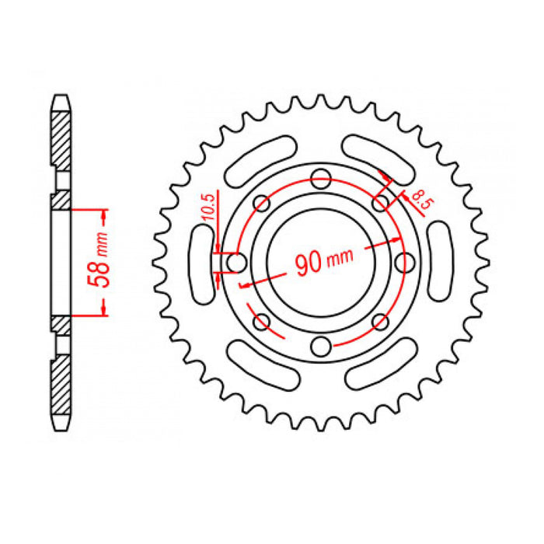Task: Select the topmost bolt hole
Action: coord(320,179)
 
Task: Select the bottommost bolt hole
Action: coord(320,344)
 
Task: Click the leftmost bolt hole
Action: coord(238,262)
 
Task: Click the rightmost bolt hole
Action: coord(403,262)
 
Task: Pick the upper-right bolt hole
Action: coord(379,204)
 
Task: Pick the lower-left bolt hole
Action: coord(262,321)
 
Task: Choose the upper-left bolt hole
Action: coord(262,204)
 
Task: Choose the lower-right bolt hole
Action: coord(379,321)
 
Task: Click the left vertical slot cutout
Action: coord(201,262)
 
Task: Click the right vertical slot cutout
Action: coord(439,262)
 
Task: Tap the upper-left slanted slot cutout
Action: coord(261,159)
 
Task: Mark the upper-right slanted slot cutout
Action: coord(380,159)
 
